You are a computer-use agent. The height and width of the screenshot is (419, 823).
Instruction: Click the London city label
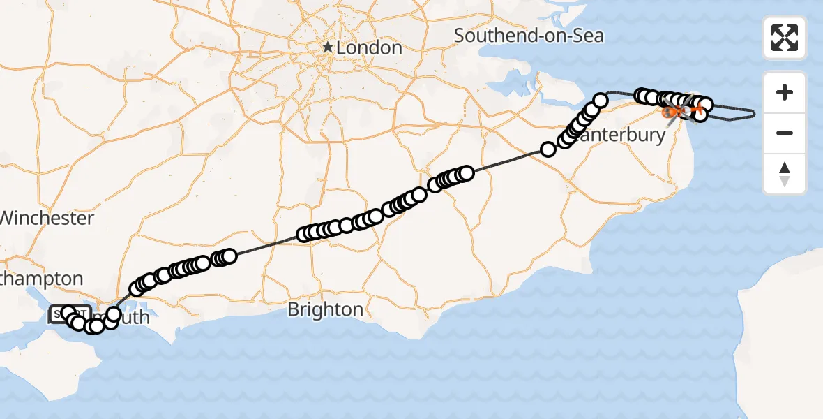pyautogui.click(x=369, y=48)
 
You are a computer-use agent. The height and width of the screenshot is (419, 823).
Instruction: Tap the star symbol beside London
pyautogui.click(x=327, y=47)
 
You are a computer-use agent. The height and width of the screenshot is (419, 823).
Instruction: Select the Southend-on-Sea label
pyautogui.click(x=529, y=35)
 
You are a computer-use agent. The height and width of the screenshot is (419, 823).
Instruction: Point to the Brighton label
pyautogui.click(x=325, y=309)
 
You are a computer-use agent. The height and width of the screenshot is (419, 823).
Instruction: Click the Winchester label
pyautogui.click(x=46, y=218)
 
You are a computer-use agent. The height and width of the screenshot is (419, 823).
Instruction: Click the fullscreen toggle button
pyautogui.click(x=785, y=38)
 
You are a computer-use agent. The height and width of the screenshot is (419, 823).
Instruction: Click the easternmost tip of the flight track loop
pyautogui.click(x=754, y=112)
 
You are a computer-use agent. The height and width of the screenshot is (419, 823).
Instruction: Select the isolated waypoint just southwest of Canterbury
pyautogui.click(x=548, y=149)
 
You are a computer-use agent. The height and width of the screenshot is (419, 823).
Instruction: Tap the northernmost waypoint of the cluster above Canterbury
pyautogui.click(x=600, y=100)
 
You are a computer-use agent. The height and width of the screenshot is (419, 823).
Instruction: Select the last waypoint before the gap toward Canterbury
pyautogui.click(x=466, y=172)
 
